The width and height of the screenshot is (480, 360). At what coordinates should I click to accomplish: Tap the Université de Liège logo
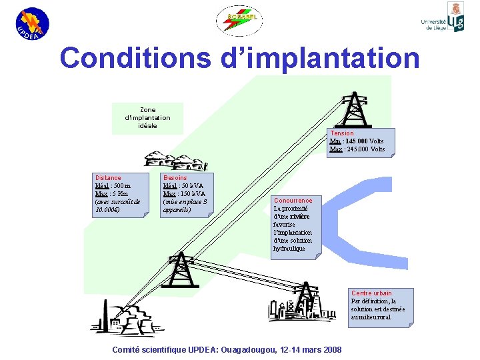pyautogui.click(x=443, y=20)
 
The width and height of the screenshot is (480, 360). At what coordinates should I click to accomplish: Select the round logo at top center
pyautogui.click(x=239, y=21)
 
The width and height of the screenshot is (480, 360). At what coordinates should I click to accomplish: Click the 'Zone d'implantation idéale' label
pyautogui.click(x=147, y=118)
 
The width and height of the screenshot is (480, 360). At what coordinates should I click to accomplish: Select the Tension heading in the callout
pyautogui.click(x=342, y=133)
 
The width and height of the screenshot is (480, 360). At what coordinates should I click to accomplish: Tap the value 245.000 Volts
pyautogui.click(x=365, y=149)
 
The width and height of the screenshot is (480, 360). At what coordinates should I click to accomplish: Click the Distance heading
pyautogui.click(x=108, y=178)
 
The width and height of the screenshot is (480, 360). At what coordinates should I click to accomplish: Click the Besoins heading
pyautogui.click(x=175, y=178)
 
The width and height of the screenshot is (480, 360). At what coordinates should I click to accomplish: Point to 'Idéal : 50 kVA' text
pyautogui.click(x=183, y=186)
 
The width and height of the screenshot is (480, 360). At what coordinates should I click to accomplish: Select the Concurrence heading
pyautogui.click(x=293, y=201)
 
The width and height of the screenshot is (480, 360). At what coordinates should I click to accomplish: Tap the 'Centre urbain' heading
pyautogui.click(x=371, y=293)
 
